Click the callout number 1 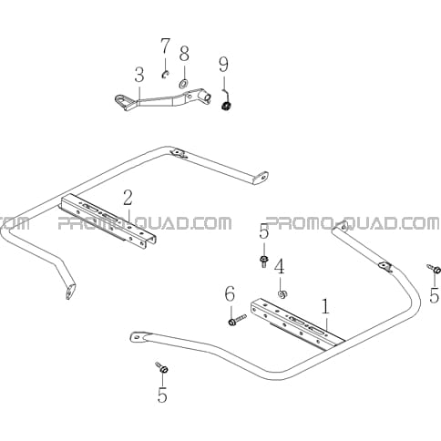[x=325, y=306]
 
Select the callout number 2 [x=128, y=198]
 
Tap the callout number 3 [x=139, y=75]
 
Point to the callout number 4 [x=280, y=266]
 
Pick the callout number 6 [x=230, y=294]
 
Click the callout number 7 [x=166, y=46]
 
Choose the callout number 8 [x=184, y=54]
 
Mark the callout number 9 [x=224, y=65]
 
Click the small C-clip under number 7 [x=165, y=75]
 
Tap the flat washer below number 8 [x=183, y=83]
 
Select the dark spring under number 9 [x=226, y=106]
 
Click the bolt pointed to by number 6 [x=237, y=320]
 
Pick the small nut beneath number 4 [x=282, y=293]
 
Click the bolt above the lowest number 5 [x=162, y=367]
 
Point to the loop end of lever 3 [x=123, y=100]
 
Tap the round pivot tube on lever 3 [x=204, y=96]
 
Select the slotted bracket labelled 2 [x=108, y=219]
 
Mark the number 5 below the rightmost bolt [x=435, y=294]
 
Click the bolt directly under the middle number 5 [x=264, y=261]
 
